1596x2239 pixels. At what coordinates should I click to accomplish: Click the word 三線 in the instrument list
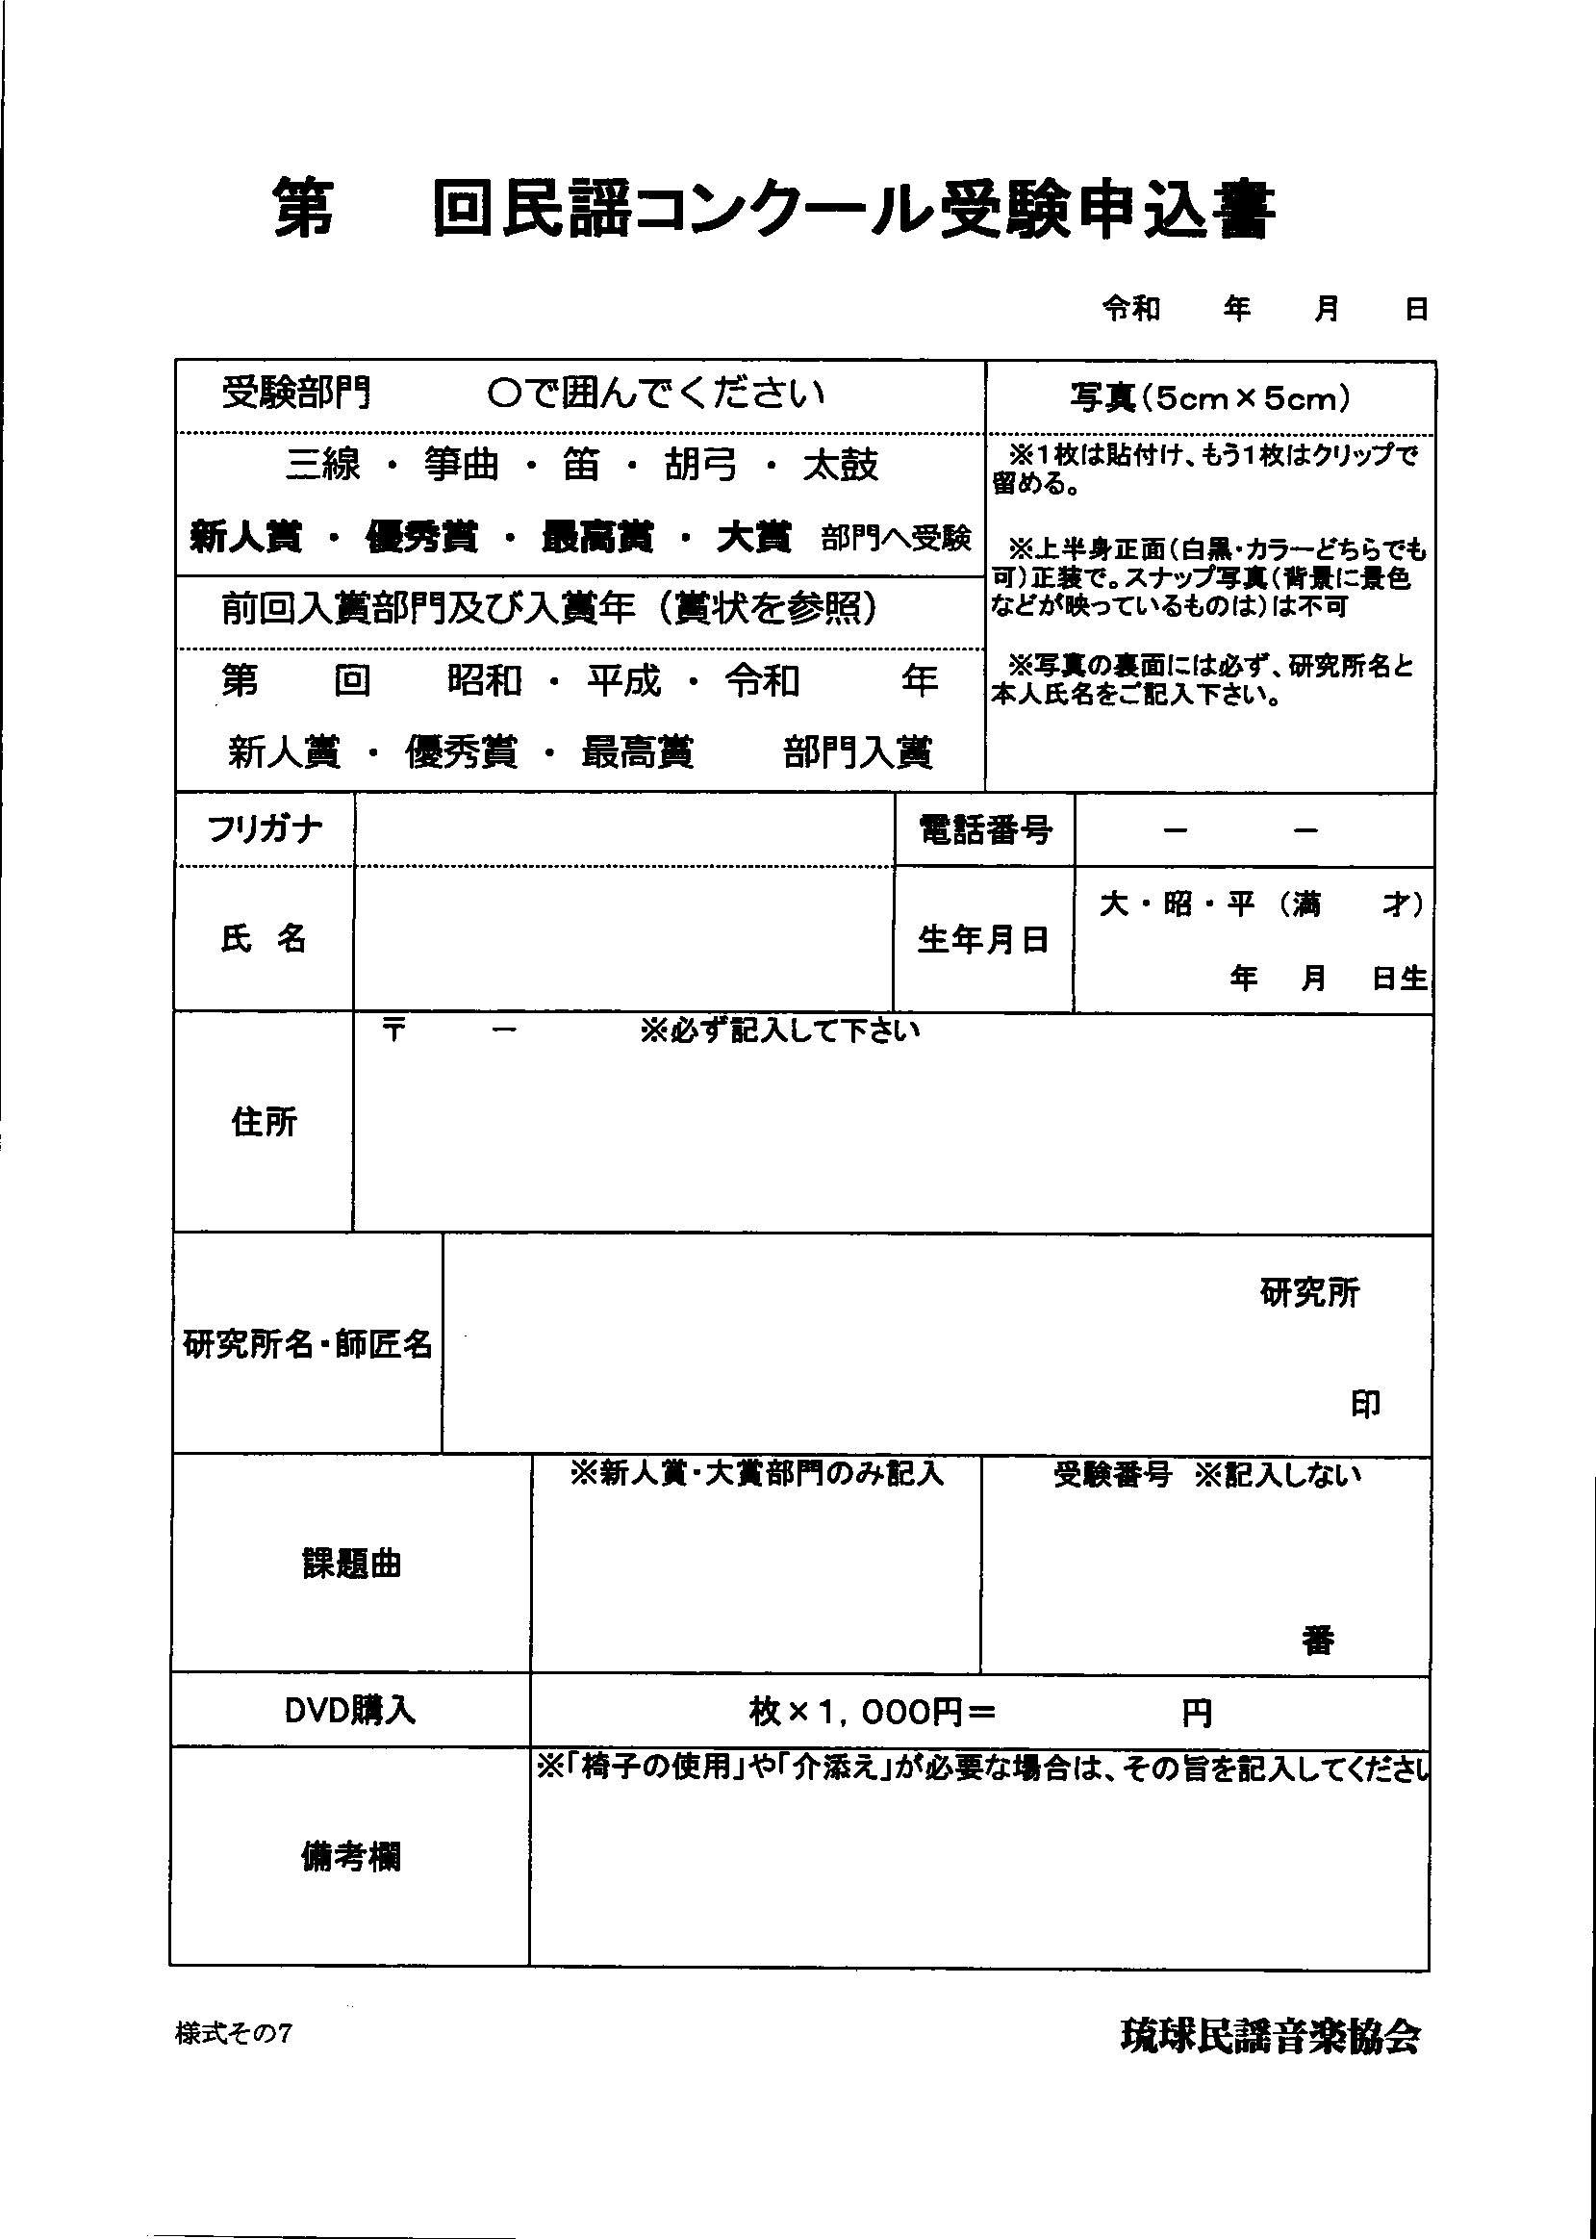pos(323,465)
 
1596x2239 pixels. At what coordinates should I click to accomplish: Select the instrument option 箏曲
pos(462,465)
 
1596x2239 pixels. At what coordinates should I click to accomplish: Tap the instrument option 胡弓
pos(700,465)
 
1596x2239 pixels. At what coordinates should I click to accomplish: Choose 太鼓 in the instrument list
pos(840,465)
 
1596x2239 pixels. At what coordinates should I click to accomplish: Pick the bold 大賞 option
pos(754,538)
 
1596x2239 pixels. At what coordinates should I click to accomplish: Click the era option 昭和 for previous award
pos(484,681)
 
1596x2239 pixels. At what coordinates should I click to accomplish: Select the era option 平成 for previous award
pos(624,681)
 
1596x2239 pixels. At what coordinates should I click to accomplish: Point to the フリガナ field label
pos(265,829)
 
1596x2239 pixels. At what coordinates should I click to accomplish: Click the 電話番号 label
pos(985,830)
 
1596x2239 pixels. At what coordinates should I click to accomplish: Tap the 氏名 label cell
pos(264,940)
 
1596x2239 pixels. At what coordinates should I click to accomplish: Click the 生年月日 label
pos(983,940)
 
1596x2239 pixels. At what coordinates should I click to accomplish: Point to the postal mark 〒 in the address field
pos(394,1031)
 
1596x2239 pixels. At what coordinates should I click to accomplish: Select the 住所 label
pos(265,1122)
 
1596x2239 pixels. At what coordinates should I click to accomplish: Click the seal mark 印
pos(1365,1405)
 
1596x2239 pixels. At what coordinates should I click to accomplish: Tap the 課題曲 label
pos(351,1564)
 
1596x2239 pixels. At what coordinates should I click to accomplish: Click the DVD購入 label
pos(350,1711)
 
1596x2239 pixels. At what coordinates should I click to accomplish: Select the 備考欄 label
pos(350,1857)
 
